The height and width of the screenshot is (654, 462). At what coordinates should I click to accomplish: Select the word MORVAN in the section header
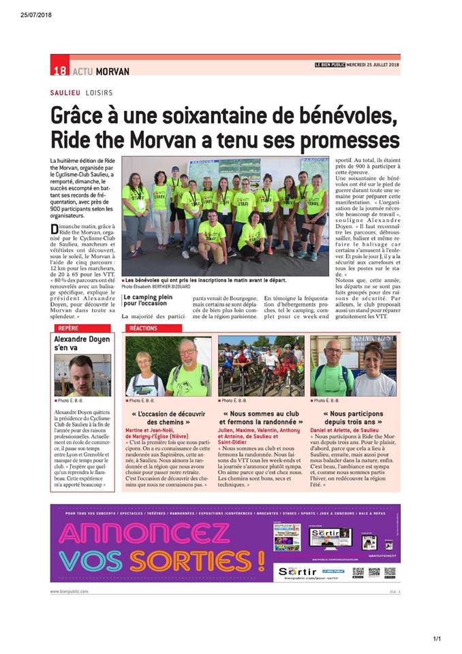(112, 71)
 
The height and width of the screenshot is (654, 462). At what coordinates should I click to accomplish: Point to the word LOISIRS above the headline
(99, 92)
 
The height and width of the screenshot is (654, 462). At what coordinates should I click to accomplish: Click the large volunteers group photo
(225, 216)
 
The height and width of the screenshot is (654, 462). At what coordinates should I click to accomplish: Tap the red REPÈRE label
(69, 328)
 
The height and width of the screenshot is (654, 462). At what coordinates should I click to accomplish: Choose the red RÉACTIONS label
(142, 328)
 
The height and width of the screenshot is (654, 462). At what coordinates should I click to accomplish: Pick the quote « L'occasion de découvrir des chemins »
(168, 418)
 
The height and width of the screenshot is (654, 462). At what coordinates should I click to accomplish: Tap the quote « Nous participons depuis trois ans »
(353, 418)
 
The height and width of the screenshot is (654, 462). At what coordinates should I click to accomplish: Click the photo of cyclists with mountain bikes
(261, 366)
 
